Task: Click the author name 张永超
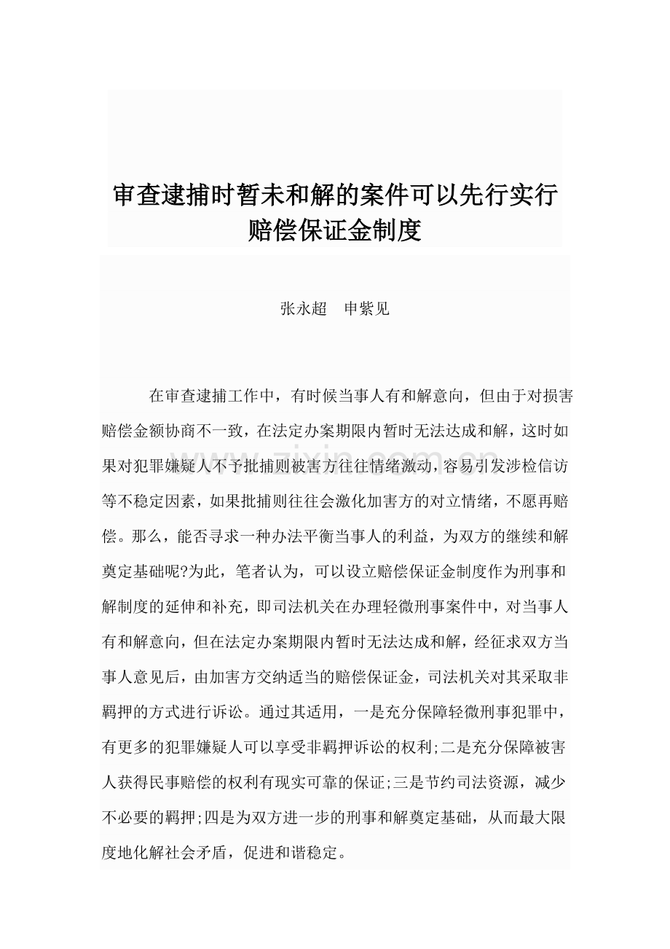click(x=303, y=309)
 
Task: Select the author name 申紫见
click(x=366, y=309)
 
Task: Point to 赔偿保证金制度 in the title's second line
click(x=335, y=231)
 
